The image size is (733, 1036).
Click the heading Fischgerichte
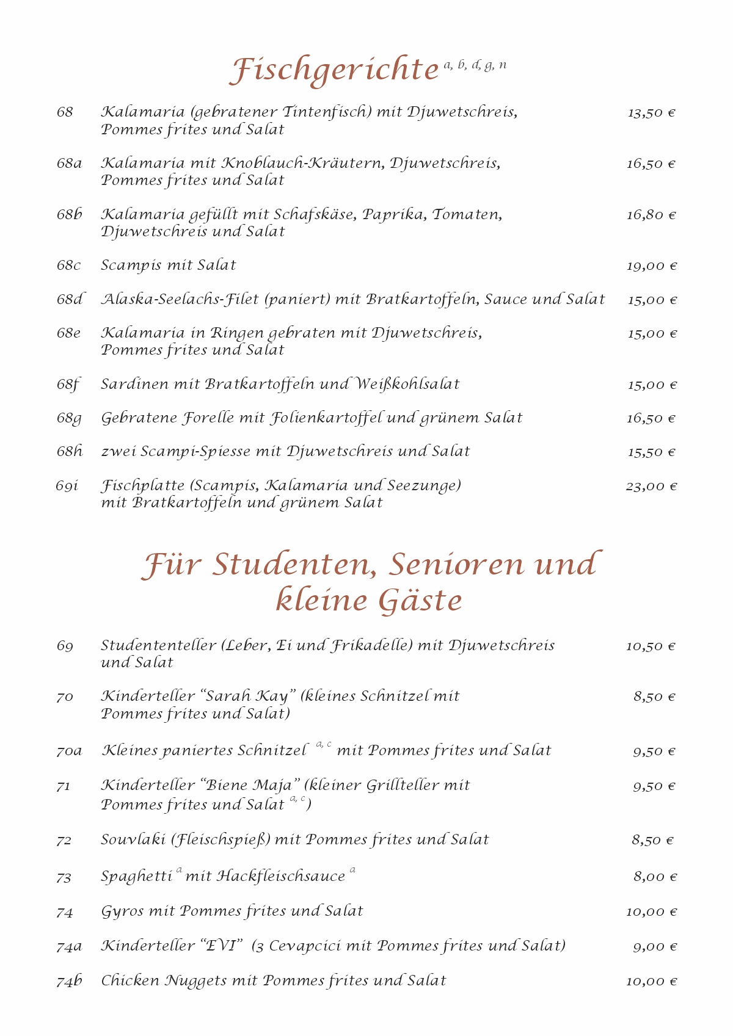[334, 70]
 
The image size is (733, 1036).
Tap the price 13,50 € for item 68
[651, 113]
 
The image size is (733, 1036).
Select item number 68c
[68, 266]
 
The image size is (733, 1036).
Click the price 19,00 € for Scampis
[651, 266]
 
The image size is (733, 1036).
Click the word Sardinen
[134, 385]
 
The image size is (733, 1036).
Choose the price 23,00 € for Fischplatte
[651, 487]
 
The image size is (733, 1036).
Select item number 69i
[67, 487]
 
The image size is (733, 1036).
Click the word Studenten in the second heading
[293, 565]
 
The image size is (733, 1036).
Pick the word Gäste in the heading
[421, 601]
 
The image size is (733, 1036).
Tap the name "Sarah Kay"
[248, 697]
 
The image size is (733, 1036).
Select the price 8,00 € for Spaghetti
[655, 877]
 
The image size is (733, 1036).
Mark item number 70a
[69, 751]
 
